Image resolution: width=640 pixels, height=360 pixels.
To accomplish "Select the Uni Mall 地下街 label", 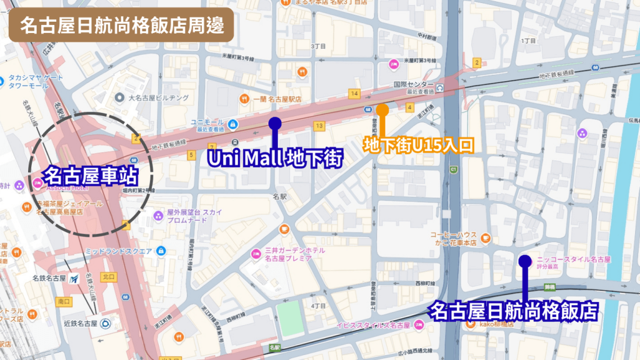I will [x=275, y=159].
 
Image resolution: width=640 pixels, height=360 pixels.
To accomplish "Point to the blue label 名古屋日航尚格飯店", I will [x=514, y=310].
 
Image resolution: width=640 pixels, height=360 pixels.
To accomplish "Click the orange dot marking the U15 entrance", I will [x=382, y=110].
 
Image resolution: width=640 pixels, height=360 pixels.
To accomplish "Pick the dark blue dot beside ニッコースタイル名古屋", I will [x=525, y=260].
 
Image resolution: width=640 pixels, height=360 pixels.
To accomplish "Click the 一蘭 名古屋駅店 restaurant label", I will [x=277, y=99].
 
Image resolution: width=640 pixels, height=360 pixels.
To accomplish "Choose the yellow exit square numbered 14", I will [x=354, y=94].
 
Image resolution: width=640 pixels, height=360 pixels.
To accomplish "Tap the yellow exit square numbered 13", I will [x=319, y=126].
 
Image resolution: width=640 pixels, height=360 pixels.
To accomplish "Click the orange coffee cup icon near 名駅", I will [x=284, y=228].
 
